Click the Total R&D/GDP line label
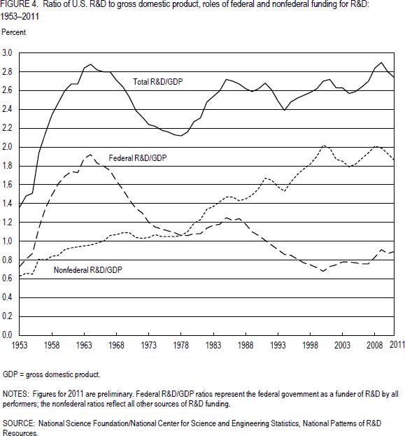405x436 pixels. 158,82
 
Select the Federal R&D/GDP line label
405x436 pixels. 138,158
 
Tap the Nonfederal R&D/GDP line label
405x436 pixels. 88,270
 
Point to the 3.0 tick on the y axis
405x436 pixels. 7,52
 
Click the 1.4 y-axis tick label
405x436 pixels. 7,204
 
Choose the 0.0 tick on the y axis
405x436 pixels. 7,335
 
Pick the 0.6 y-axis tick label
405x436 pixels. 7,279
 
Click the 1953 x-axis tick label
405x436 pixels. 20,345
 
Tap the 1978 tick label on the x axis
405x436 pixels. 181,345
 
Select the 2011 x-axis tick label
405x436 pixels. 397,345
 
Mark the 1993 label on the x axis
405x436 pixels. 278,345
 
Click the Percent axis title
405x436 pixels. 13,32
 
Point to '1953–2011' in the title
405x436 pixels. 20,16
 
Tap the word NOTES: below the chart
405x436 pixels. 15,394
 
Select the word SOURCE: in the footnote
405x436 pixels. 19,423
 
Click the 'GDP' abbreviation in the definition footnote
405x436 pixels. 10,374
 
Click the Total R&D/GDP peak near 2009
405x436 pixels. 381,62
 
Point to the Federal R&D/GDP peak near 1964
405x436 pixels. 91,155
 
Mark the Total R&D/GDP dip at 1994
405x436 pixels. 285,110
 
